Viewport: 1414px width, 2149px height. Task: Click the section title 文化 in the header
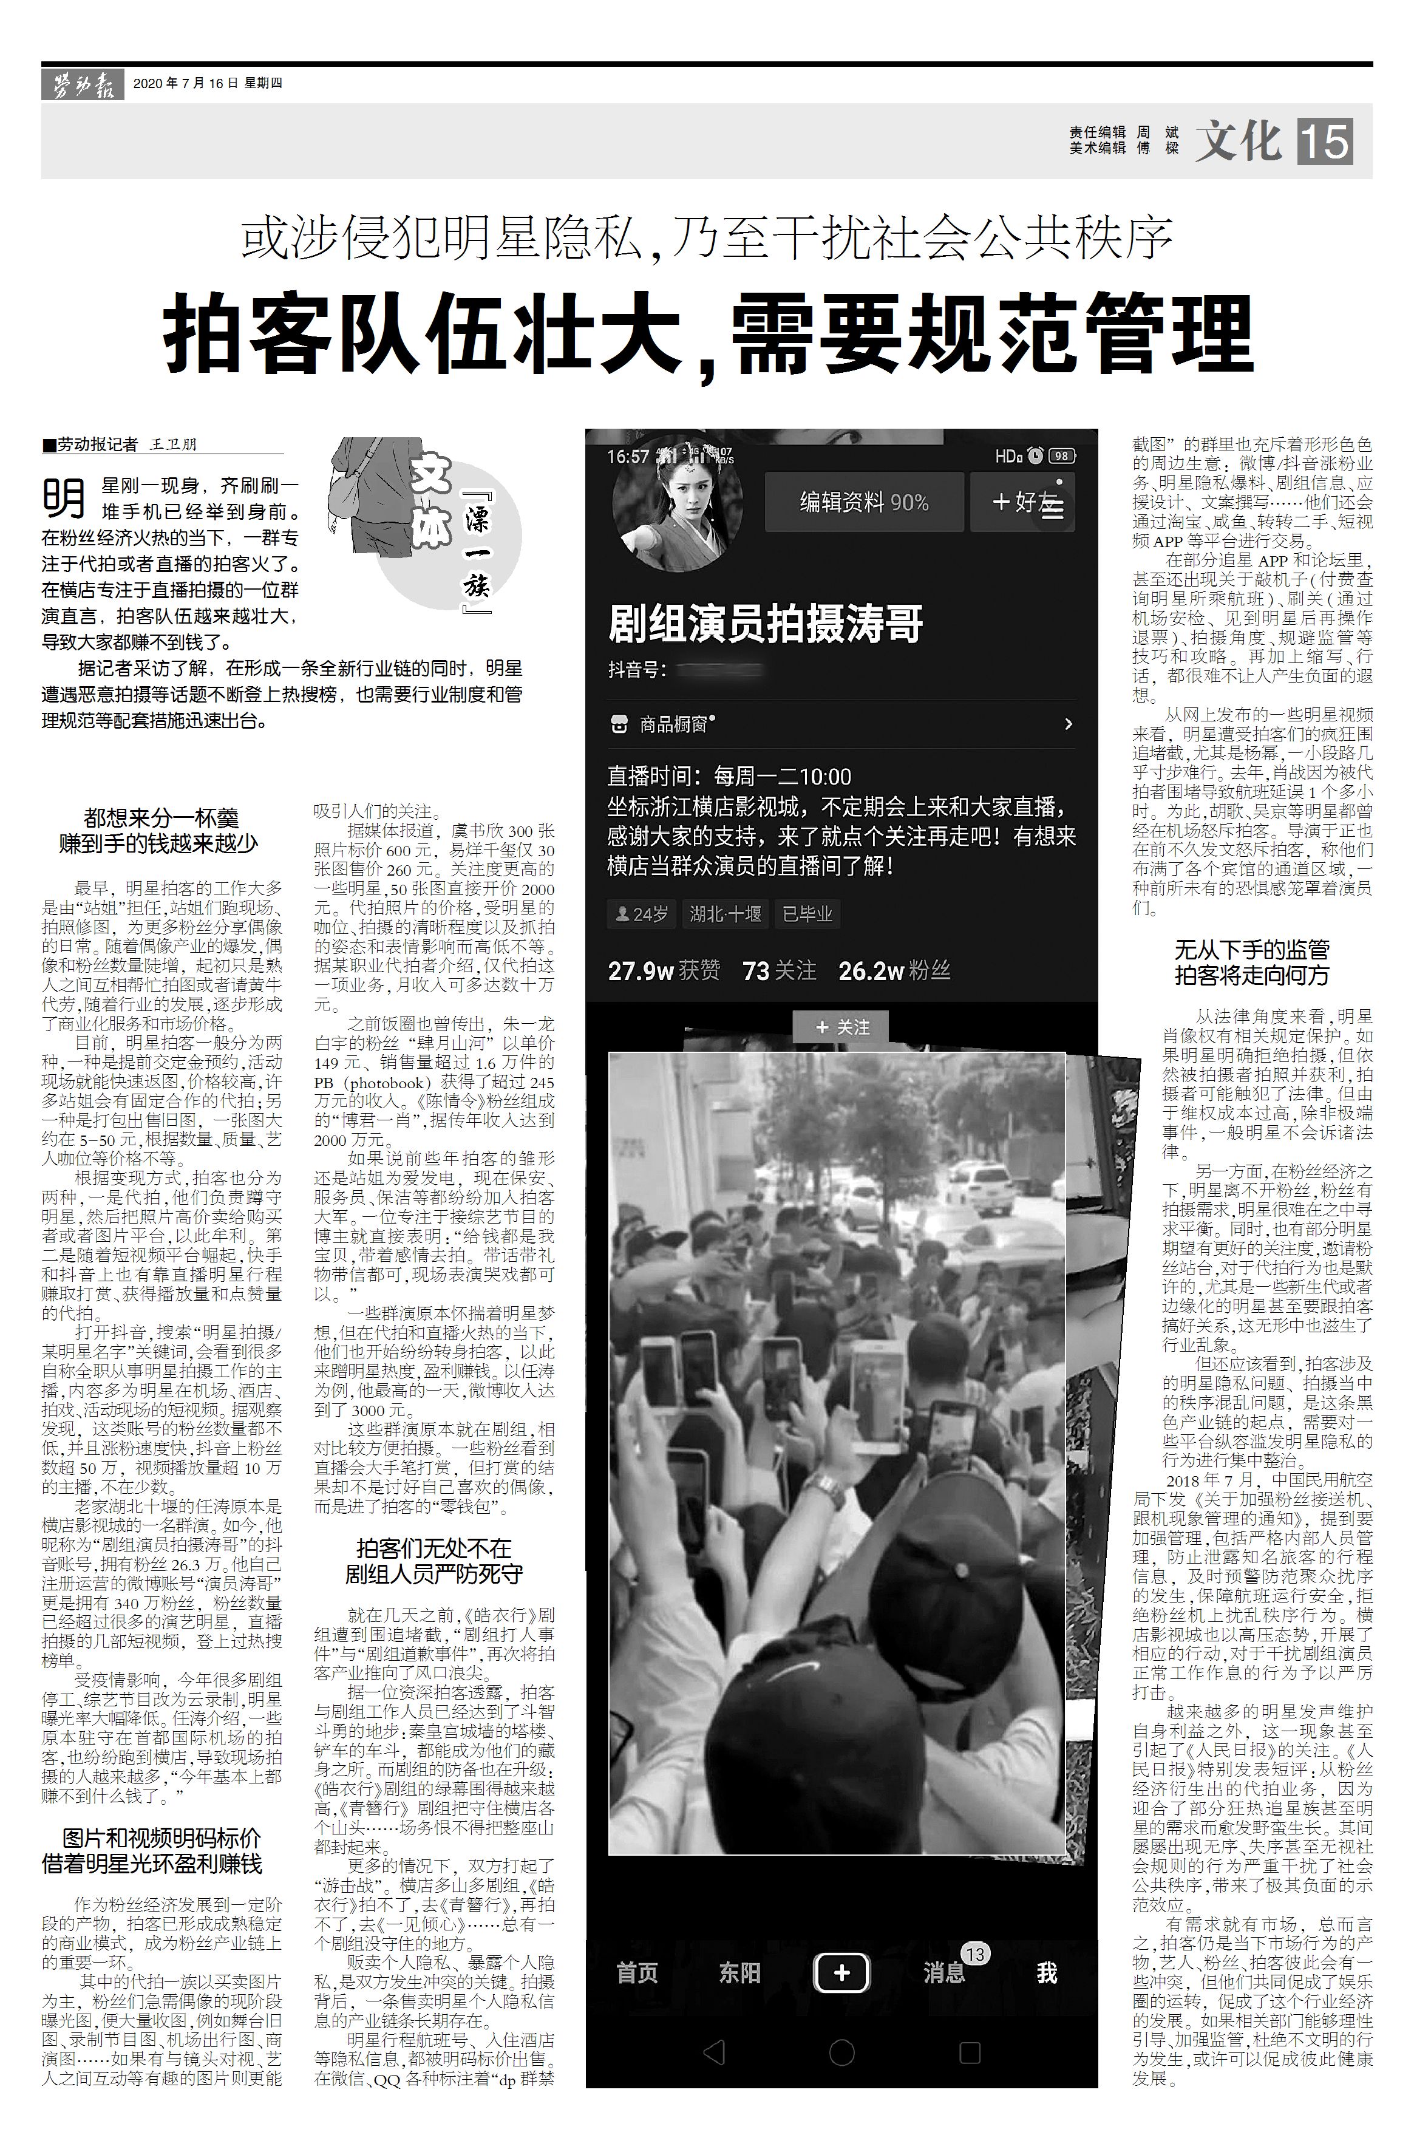pos(1239,141)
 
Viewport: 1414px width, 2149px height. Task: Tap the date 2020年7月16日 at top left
pos(185,83)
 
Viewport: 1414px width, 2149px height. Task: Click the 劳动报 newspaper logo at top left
pos(82,86)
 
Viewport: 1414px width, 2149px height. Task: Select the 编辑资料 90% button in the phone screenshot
pos(863,502)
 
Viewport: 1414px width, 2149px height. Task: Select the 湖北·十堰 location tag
pos(725,914)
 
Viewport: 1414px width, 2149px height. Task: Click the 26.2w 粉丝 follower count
pos(893,970)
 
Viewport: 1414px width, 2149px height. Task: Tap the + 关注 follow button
pos(841,1027)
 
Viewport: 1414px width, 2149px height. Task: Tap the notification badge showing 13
pos(974,1954)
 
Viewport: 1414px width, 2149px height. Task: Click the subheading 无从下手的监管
pos(1251,950)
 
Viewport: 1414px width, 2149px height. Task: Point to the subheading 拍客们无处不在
pos(433,1548)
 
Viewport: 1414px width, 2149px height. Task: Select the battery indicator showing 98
pos(1062,456)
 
